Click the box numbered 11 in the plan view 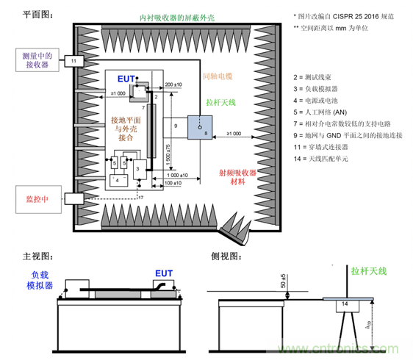(74, 60)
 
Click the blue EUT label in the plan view (126, 78)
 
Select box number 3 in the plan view (137, 168)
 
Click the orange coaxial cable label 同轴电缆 (218, 75)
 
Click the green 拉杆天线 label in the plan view (220, 102)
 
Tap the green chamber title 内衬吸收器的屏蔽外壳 (167, 16)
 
